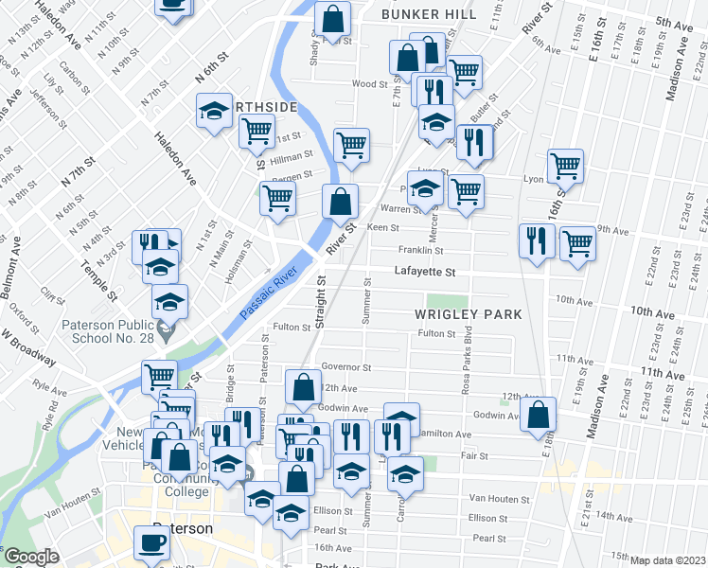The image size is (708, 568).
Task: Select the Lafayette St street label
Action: point(425,272)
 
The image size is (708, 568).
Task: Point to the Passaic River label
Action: point(269,293)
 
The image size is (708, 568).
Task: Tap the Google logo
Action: point(30,557)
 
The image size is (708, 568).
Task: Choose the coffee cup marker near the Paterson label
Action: point(151,542)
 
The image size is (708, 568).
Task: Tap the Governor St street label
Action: point(345,366)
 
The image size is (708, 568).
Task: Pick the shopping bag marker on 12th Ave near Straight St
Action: point(303,386)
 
